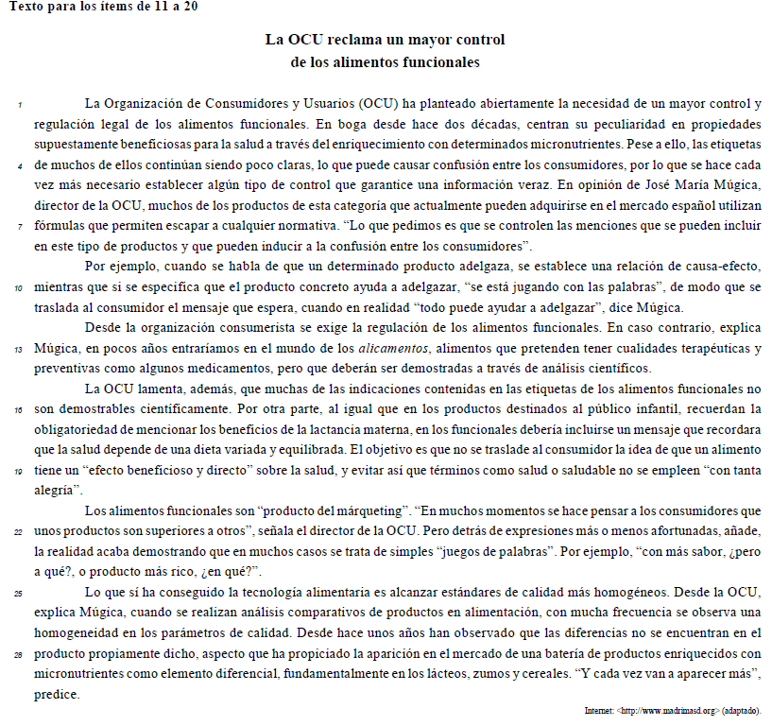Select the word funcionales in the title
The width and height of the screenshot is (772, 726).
[x=443, y=62]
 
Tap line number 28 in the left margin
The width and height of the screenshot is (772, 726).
[x=18, y=654]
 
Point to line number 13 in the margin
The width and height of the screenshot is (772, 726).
[x=18, y=348]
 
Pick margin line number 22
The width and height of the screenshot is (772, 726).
[x=18, y=531]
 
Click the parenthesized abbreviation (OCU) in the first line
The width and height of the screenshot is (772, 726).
[x=379, y=103]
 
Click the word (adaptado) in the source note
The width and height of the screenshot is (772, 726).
[x=742, y=710]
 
